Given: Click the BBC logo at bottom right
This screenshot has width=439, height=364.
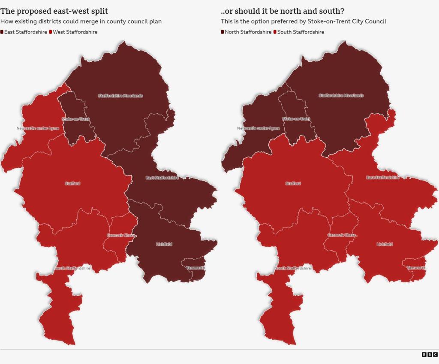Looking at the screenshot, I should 429,354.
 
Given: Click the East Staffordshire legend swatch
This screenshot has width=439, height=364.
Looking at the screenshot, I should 2,32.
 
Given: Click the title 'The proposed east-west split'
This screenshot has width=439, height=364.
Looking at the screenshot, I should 54,11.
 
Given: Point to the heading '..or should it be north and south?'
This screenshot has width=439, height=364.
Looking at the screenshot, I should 283,11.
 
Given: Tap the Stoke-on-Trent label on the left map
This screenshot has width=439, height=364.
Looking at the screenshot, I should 75,119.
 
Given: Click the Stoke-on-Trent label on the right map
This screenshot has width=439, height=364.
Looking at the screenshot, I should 296,119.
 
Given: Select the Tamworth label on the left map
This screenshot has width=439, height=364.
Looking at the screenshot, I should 195,268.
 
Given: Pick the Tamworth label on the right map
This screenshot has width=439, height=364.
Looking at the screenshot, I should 416,268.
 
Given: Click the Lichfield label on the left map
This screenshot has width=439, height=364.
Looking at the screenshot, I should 164,244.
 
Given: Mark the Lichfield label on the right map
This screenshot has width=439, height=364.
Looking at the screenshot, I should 385,244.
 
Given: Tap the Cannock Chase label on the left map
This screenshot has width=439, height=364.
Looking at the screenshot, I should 121,235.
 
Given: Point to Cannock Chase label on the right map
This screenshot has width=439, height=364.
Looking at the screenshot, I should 342,235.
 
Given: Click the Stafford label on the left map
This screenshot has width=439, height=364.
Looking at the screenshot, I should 72,184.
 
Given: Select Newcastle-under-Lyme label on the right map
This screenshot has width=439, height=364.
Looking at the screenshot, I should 259,128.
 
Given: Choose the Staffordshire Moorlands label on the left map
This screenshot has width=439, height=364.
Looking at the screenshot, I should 120,96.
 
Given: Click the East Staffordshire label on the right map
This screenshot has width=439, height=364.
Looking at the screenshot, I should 383,178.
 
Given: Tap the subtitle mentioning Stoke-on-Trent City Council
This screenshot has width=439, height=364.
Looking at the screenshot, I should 304,21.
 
